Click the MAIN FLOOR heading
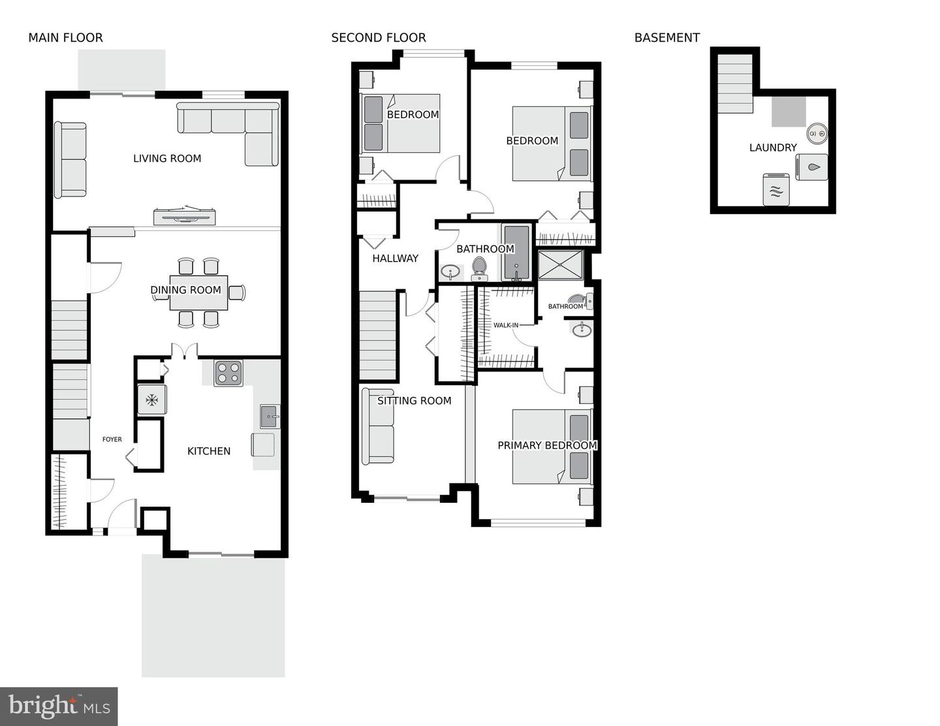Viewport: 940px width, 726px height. [x=65, y=38]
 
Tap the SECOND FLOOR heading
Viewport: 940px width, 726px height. [x=379, y=38]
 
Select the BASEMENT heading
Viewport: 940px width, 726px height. [x=666, y=38]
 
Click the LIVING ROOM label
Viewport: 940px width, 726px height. [x=167, y=158]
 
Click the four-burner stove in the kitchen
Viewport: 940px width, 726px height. [x=228, y=373]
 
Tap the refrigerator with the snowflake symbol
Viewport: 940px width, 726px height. [x=151, y=400]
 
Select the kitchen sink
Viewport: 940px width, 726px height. [x=269, y=416]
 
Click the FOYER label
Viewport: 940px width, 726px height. [x=112, y=439]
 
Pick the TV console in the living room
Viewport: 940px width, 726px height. [x=185, y=216]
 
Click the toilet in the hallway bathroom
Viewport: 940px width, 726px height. [x=479, y=268]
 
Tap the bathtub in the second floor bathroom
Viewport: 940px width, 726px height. [x=516, y=253]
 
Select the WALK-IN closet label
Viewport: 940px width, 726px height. [x=505, y=325]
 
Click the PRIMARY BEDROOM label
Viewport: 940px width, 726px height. [x=547, y=445]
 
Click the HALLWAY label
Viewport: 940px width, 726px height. [x=395, y=259]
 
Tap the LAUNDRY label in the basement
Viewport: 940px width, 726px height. [x=773, y=148]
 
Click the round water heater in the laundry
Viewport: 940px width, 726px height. [x=817, y=134]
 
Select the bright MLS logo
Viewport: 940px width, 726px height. [x=59, y=706]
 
